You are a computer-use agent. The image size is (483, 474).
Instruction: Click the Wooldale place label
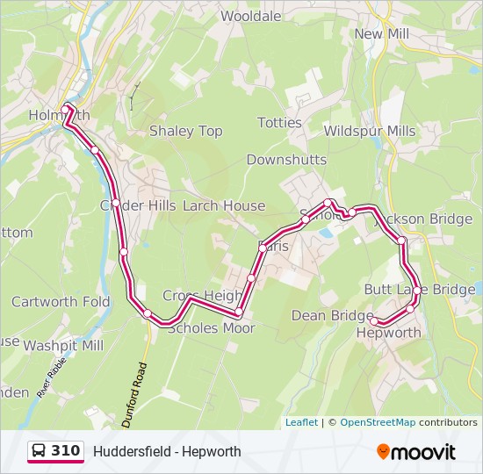click(x=251, y=16)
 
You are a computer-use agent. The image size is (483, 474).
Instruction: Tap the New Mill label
click(x=382, y=33)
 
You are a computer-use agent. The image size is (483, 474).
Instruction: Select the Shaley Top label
click(x=185, y=131)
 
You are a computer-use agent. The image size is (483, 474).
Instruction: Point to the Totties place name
click(x=279, y=123)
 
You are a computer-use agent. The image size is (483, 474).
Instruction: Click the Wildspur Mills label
click(x=370, y=131)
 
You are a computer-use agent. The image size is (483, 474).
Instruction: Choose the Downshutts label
click(x=286, y=160)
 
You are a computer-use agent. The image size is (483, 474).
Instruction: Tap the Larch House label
click(x=224, y=205)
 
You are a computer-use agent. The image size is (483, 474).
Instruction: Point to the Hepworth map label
click(x=388, y=333)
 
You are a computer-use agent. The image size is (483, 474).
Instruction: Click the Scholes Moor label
click(x=211, y=328)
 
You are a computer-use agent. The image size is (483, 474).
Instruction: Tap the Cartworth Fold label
click(x=61, y=302)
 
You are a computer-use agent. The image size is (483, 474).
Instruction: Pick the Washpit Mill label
click(x=63, y=346)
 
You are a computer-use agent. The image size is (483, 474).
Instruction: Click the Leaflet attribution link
click(x=301, y=422)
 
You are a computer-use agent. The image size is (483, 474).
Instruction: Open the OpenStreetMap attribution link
click(x=378, y=422)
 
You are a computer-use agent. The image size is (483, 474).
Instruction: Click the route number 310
click(x=66, y=451)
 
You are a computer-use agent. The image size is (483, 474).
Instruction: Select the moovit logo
click(x=416, y=452)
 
